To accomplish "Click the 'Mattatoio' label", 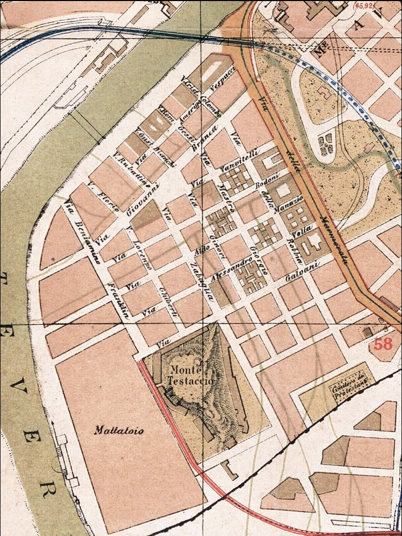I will tap(119, 431).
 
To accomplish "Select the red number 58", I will tap(383, 344).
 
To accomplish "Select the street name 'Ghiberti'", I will tap(172, 303).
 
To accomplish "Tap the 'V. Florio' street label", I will tap(103, 197).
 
